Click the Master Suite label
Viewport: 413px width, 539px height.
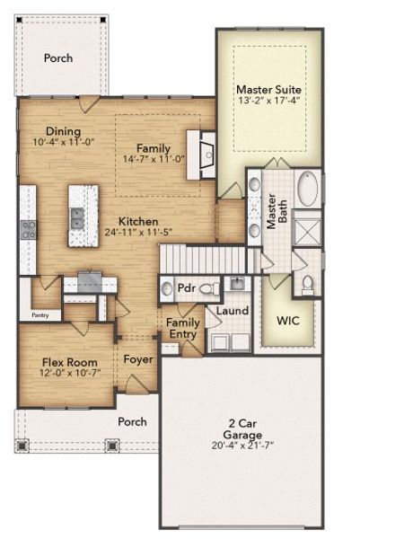pyautogui.click(x=268, y=90)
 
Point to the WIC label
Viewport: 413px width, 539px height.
pyautogui.click(x=288, y=320)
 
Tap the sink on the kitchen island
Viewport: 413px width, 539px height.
pyautogui.click(x=78, y=216)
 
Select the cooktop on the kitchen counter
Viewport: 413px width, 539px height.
pyautogui.click(x=28, y=229)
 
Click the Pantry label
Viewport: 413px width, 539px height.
pyautogui.click(x=40, y=315)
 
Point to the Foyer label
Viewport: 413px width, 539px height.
pyautogui.click(x=138, y=359)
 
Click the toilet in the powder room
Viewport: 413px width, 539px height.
pyautogui.click(x=207, y=288)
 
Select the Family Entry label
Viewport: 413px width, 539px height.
pyautogui.click(x=184, y=328)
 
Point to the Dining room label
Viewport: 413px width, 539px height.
pyautogui.click(x=64, y=130)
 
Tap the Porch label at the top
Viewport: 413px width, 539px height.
pyautogui.click(x=58, y=58)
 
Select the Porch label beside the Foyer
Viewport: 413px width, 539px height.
pyautogui.click(x=133, y=420)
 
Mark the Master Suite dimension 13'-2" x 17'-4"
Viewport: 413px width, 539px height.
pyautogui.click(x=268, y=102)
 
